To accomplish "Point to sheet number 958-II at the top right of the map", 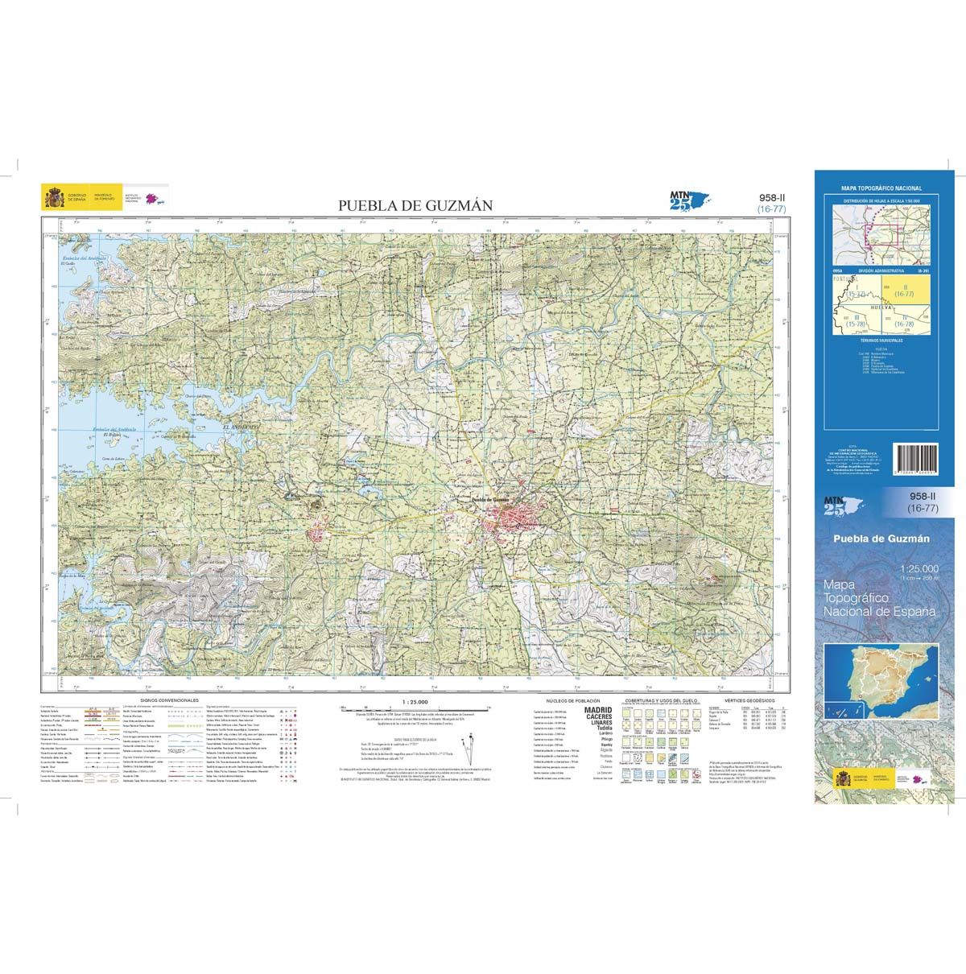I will pos(772,196).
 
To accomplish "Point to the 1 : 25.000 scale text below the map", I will pos(412,700).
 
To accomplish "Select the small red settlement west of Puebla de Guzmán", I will pos(321,535).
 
